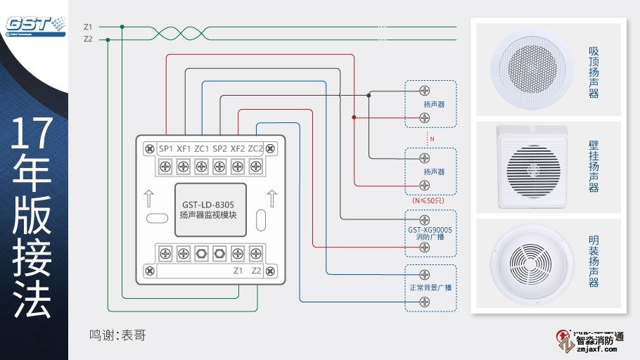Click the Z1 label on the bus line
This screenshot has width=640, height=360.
88,27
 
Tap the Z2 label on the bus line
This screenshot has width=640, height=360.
88,39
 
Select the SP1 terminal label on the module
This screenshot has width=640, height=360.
166,148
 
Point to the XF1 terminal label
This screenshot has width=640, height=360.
184,148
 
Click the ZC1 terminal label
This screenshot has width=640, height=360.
202,148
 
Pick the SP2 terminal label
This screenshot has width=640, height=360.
219,148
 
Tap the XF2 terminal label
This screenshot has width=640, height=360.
238,148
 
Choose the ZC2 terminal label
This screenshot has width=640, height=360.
255,148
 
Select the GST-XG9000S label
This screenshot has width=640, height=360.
430,229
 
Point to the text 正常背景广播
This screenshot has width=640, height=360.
430,288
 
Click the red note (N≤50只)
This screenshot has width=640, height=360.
429,200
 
